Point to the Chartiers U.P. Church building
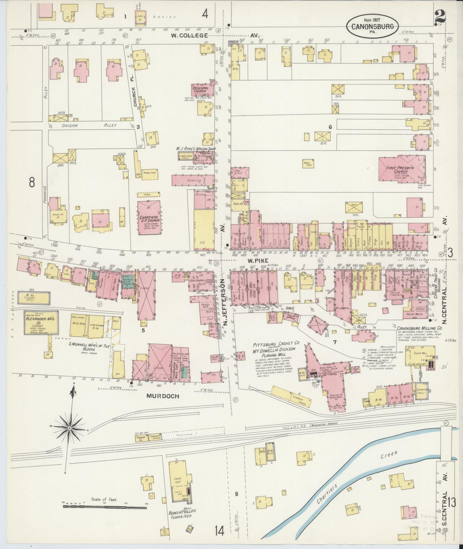click(149, 217)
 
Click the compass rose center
click(70, 428)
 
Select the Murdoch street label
click(162, 396)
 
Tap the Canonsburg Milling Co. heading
click(419, 329)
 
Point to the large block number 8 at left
click(31, 182)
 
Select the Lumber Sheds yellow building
click(291, 396)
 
